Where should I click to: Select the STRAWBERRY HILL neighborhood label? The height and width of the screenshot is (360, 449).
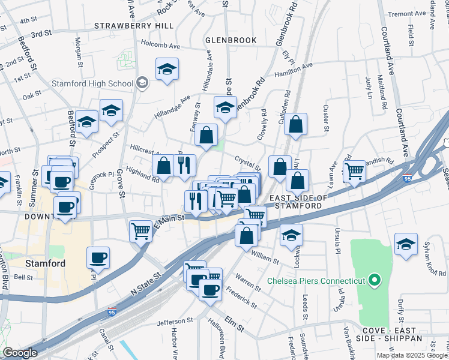tap(134, 26)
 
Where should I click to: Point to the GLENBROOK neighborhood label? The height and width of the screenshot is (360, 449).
tap(231, 40)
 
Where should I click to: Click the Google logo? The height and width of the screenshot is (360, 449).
tap(20, 353)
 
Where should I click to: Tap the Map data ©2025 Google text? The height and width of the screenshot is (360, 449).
tap(412, 355)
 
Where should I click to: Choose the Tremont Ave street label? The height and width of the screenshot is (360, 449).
tap(406, 14)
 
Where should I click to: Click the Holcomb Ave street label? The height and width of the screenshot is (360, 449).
tap(160, 44)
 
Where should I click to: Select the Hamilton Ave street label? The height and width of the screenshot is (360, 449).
tap(294, 70)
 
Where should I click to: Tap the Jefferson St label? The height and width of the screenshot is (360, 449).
tap(173, 322)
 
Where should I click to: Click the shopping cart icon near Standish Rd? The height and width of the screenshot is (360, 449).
tap(354, 170)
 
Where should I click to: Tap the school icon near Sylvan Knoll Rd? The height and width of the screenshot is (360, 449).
tap(406, 244)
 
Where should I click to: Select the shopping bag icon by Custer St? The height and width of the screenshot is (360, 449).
tap(296, 124)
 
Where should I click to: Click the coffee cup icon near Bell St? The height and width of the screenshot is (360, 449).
tap(98, 257)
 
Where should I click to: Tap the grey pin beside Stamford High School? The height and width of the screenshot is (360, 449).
tap(142, 82)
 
